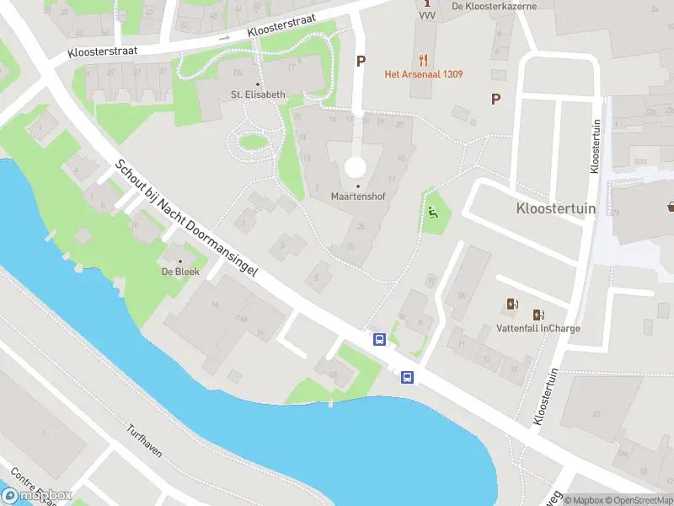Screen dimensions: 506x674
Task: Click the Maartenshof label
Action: pos(358,196)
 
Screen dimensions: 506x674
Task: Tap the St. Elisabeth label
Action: pos(259,94)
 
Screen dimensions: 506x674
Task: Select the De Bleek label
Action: pos(179,272)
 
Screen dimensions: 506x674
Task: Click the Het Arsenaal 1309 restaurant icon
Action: pos(423,60)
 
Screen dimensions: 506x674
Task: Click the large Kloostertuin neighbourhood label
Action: pos(555,207)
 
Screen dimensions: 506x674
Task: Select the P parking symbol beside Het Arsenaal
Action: pos(361,61)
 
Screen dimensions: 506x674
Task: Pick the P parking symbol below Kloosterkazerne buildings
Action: pos(496,99)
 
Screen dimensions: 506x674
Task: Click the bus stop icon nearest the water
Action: pos(408,377)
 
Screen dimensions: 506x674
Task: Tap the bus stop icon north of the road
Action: pos(380,340)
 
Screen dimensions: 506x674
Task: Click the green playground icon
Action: pos(433,213)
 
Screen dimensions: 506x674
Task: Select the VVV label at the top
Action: pos(426,16)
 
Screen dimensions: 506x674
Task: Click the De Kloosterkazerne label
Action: pos(494,6)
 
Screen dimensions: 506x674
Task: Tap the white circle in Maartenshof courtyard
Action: pos(356,166)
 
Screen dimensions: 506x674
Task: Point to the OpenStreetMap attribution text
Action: pos(637,500)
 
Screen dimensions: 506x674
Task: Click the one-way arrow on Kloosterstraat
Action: pos(224,38)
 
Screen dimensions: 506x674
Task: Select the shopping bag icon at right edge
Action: pos(671,205)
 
